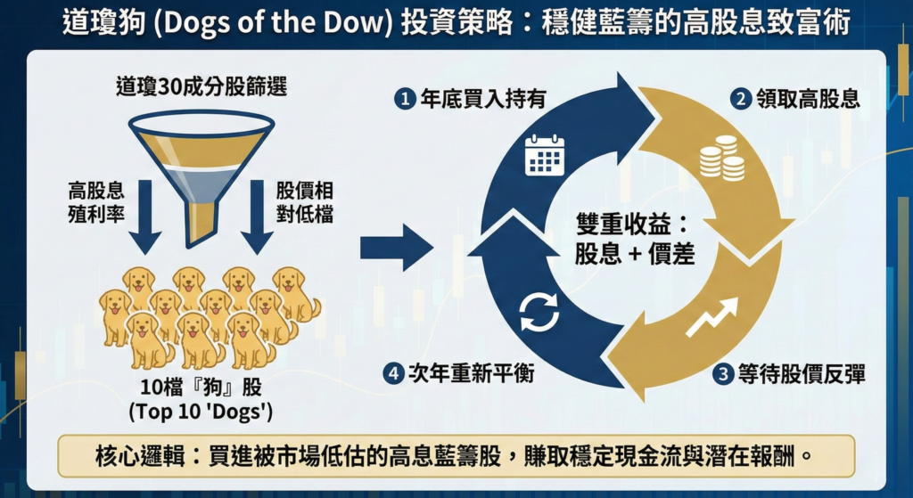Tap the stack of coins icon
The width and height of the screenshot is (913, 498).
(721, 158)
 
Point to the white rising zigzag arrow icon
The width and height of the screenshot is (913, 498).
(711, 317)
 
